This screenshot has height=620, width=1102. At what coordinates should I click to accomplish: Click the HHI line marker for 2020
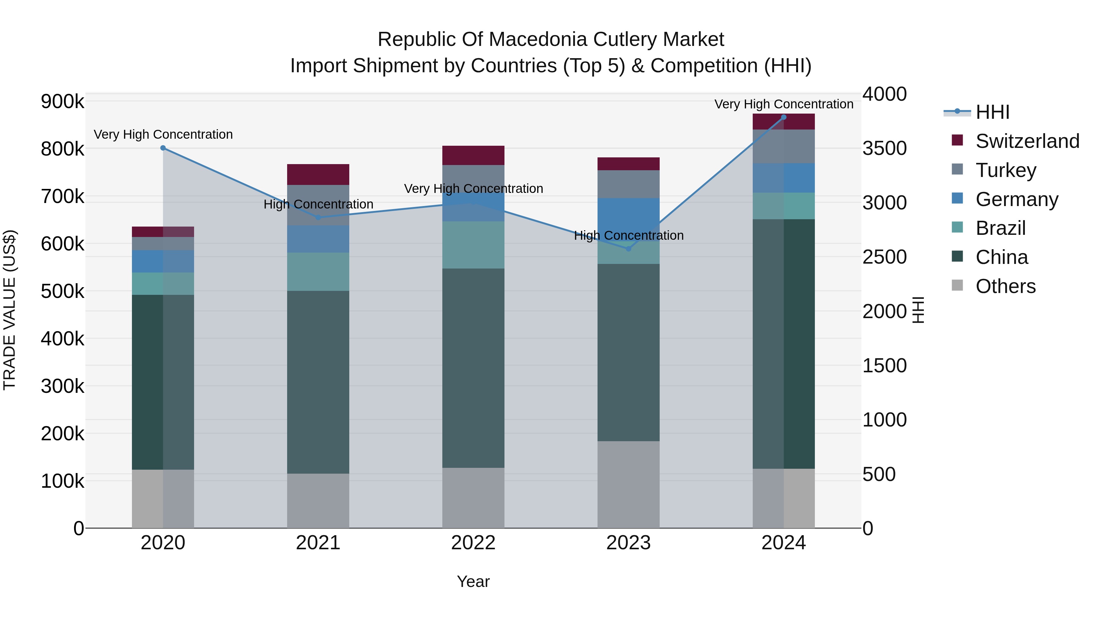coord(163,148)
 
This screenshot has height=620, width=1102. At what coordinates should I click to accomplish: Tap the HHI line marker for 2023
coord(628,249)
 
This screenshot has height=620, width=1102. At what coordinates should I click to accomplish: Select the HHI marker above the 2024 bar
coord(784,117)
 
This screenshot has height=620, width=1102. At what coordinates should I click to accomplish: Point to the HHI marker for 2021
coord(318,217)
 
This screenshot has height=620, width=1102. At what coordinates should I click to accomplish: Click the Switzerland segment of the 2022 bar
coord(473,155)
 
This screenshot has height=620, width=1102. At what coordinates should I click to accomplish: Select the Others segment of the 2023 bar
coord(628,484)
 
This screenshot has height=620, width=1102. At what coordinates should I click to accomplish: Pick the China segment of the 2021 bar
coord(318,382)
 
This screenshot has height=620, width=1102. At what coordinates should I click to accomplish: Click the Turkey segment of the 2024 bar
coord(784,146)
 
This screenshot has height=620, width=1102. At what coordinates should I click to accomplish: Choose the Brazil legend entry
coord(1001,228)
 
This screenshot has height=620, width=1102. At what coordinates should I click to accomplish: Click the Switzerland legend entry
coord(1027,141)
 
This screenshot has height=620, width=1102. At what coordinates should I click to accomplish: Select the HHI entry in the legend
coord(992,112)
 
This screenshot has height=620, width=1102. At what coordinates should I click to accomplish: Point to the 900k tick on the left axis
coord(62,102)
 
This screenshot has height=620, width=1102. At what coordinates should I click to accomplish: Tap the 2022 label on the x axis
coord(473,543)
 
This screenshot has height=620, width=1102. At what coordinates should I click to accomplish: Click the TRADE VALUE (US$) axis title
coord(9,310)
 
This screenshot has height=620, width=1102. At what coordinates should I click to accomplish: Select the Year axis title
coord(473,581)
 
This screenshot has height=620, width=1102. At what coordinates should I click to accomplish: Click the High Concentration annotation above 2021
coord(318,205)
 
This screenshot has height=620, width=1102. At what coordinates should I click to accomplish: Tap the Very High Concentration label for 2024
coord(784,104)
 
